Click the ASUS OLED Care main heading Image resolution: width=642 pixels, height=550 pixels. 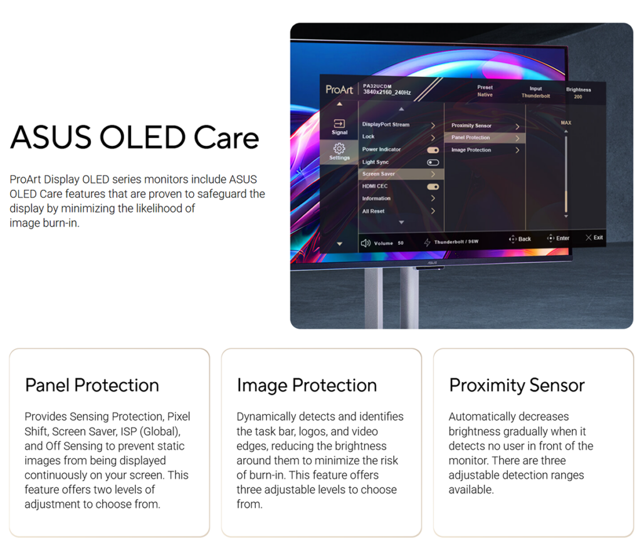135,138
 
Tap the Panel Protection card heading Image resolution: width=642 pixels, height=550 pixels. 92,385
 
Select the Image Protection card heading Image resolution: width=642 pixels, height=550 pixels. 307,385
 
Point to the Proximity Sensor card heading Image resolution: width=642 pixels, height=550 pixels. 517,385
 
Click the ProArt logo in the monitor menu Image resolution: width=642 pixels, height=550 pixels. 339,89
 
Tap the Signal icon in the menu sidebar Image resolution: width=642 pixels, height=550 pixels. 339,123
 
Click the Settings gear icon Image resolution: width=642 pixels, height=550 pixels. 339,148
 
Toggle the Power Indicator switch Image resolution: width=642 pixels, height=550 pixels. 433,150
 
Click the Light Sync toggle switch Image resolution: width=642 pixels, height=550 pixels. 433,162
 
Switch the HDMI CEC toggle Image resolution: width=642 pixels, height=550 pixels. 433,187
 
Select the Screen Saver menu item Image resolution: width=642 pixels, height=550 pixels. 378,174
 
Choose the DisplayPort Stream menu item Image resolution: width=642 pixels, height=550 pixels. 386,125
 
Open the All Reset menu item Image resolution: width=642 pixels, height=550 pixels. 374,211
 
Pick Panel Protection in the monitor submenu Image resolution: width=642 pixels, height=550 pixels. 470,138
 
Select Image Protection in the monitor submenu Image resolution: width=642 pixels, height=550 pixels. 471,150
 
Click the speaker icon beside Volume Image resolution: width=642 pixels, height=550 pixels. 366,243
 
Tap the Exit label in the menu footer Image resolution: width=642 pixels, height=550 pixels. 598,237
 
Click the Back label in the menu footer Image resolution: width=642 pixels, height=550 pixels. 525,239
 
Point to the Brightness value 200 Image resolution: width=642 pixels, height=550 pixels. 577,97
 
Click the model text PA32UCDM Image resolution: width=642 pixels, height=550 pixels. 377,86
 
